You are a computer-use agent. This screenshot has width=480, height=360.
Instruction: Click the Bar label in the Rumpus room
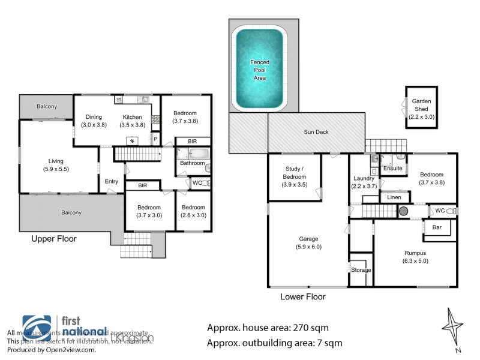tap(437, 228)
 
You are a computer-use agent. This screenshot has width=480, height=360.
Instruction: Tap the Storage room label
tap(361, 270)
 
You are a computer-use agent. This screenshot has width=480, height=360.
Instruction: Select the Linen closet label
tap(394, 197)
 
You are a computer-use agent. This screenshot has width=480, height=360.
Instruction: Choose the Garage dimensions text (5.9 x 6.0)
tap(308, 247)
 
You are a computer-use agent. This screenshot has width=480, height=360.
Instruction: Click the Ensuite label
tap(393, 169)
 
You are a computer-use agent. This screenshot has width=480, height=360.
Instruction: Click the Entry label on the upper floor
tap(112, 182)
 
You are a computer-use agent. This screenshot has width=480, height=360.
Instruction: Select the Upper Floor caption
tap(54, 239)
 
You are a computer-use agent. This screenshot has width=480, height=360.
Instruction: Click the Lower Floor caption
tap(303, 296)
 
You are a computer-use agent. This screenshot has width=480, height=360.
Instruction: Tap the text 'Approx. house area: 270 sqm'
tap(268, 328)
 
